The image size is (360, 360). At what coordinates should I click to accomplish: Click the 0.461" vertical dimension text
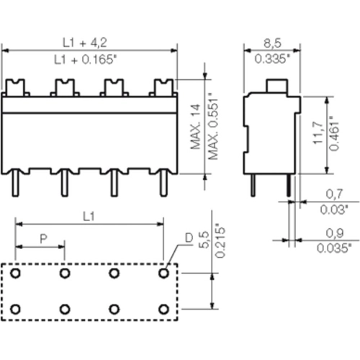[x=332, y=134]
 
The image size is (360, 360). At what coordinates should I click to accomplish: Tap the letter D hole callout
[x=188, y=237]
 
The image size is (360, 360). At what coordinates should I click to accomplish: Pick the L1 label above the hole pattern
[x=89, y=215]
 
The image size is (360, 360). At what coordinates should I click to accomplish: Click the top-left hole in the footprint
[x=15, y=274]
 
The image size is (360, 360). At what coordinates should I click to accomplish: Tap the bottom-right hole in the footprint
[x=164, y=308]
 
